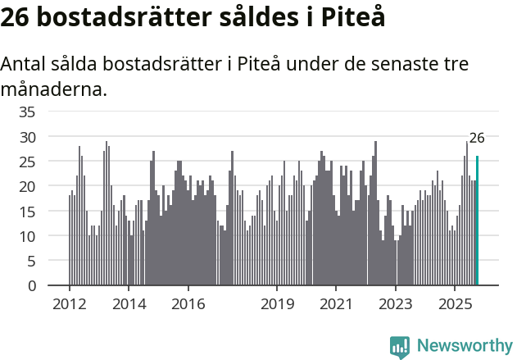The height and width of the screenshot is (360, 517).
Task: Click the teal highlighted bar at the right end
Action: click(x=477, y=221)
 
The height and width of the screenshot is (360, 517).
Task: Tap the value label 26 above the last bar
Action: click(x=477, y=138)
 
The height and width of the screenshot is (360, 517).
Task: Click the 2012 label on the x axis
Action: click(x=70, y=303)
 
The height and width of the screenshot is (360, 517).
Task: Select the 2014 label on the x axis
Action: click(x=129, y=303)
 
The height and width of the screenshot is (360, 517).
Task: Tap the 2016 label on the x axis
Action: click(x=188, y=303)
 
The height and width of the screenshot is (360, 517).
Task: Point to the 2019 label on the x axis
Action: click(x=277, y=303)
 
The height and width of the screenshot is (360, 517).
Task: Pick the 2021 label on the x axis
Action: click(x=336, y=303)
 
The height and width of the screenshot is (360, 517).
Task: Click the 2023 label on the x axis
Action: click(x=396, y=303)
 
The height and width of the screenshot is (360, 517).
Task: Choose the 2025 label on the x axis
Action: click(x=455, y=303)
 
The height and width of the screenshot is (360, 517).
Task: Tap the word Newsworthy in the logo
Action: click(x=465, y=345)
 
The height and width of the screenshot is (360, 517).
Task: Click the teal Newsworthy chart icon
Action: click(x=400, y=347)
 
